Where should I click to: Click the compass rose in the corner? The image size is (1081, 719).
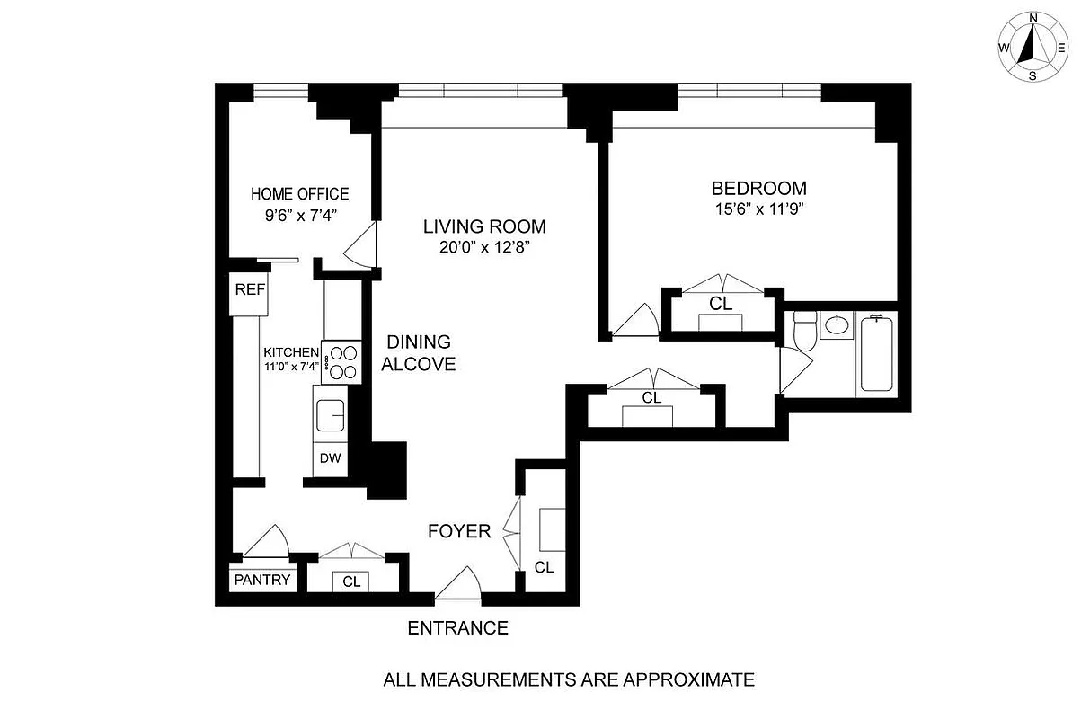tap(1032, 46)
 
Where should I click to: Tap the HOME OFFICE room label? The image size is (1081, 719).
tap(299, 194)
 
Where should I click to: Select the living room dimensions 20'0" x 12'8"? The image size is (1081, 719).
tap(484, 249)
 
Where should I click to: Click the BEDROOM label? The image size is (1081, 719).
tap(758, 189)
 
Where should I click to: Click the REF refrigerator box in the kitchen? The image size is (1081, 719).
tap(250, 290)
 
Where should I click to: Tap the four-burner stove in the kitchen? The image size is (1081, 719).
tap(341, 362)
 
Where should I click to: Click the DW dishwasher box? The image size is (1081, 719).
tap(331, 458)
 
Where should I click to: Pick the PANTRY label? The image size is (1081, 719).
tap(262, 580)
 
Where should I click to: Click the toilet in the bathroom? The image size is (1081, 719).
tap(804, 332)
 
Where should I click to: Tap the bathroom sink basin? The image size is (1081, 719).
tap(838, 325)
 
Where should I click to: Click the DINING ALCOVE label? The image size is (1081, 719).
tap(418, 353)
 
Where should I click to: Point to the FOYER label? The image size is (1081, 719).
tap(459, 531)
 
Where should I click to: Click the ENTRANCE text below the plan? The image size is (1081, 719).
tap(457, 628)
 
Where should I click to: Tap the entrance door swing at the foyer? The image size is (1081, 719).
tap(459, 582)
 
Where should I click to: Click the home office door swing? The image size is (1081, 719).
tap(361, 245)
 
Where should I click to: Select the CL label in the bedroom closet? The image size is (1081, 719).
tap(721, 304)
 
